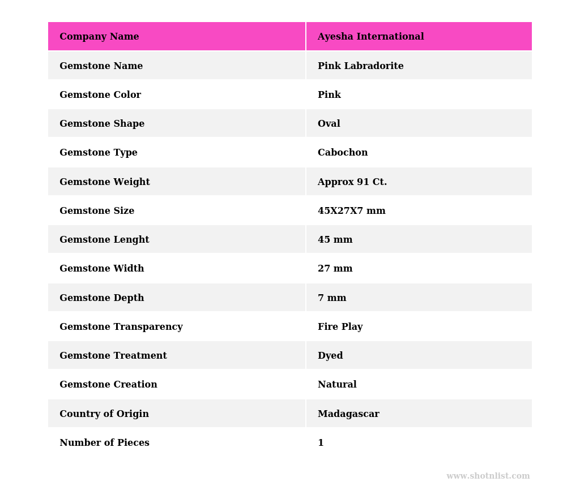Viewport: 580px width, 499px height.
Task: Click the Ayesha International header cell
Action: coord(370,37)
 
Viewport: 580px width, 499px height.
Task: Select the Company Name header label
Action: coord(99,37)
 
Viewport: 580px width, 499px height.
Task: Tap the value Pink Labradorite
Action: coord(360,66)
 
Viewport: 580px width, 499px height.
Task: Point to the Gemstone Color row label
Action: coord(100,95)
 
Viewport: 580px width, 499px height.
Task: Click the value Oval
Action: coord(329,124)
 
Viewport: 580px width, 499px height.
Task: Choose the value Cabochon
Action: coord(342,153)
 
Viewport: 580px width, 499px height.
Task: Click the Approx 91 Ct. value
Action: coord(352,182)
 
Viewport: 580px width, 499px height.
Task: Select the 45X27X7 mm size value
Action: coord(351,211)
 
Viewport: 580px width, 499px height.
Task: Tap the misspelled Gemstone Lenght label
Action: coord(104,240)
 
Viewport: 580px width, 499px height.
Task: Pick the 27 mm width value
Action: coord(335,269)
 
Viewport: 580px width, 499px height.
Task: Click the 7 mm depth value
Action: coord(331,298)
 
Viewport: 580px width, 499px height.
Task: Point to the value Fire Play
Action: coord(340,327)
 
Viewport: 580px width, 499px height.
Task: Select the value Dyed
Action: coord(330,356)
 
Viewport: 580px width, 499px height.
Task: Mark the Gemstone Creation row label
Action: coord(108,385)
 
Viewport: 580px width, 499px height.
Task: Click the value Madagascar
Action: coord(348,414)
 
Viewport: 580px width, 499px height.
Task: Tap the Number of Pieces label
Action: coord(104,443)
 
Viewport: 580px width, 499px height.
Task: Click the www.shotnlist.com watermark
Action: coord(488,476)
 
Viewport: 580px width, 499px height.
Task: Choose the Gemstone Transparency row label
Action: coord(121,327)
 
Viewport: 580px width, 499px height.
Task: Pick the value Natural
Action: coord(337,385)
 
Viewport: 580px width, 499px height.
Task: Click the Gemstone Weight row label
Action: coord(105,182)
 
